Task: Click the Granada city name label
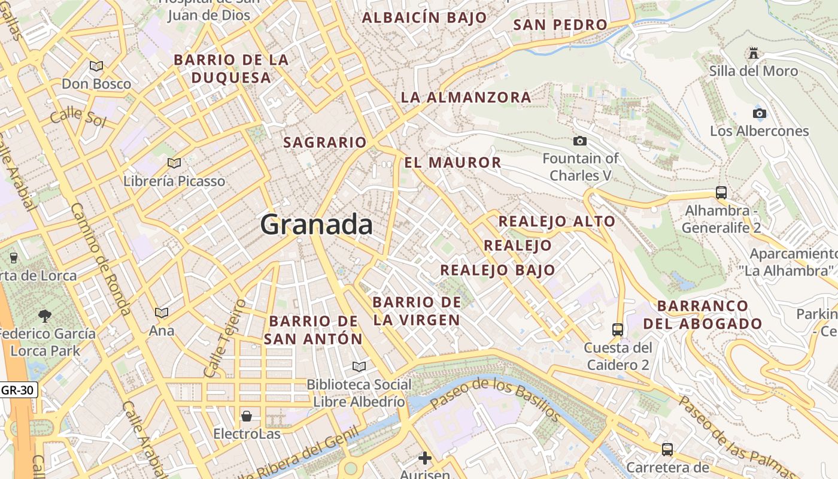point(316,225)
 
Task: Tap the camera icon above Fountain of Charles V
point(579,141)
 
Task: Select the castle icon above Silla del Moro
point(754,54)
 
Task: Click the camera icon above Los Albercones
point(759,113)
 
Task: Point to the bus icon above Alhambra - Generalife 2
point(721,193)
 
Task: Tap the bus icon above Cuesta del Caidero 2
point(618,329)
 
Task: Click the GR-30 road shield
point(19,390)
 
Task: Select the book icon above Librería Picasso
point(174,163)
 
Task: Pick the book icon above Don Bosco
point(96,66)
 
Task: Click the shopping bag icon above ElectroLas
point(247,416)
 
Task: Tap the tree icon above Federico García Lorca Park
point(44,316)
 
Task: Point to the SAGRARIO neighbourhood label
point(324,143)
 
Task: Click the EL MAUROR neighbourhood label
point(453,162)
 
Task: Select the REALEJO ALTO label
point(557,221)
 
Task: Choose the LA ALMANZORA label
point(466,97)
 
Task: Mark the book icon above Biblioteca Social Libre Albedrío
point(359,366)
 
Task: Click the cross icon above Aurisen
point(425,459)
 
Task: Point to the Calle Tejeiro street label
point(225,339)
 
